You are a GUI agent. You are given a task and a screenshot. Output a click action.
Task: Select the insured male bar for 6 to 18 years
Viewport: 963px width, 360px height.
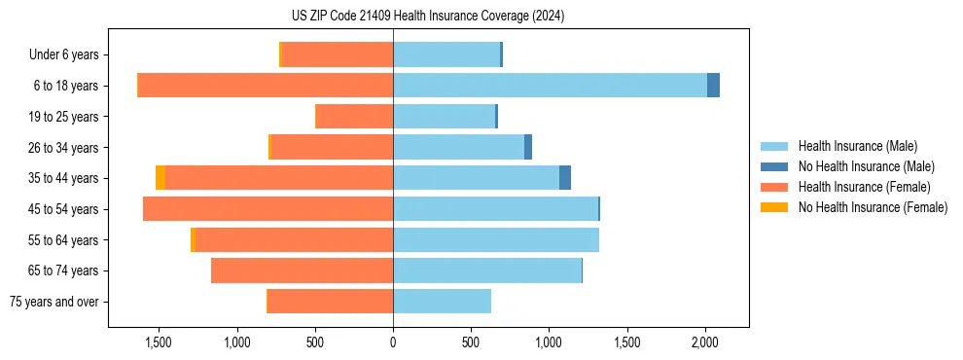550,86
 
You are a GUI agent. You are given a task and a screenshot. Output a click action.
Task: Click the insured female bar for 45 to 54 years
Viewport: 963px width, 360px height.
267,209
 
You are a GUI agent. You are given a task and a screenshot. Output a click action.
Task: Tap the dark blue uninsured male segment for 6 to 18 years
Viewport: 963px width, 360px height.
713,86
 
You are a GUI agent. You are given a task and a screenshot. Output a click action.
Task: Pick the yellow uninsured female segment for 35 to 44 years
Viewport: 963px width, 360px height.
160,178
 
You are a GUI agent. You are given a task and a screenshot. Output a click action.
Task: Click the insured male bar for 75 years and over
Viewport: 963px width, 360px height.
442,302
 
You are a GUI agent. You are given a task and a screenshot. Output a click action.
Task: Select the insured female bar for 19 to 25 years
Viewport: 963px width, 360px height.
355,117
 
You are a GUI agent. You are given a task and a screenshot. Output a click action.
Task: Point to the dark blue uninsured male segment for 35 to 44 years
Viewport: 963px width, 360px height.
565,178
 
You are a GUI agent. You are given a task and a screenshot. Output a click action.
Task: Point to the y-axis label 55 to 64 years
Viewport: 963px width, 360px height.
63,240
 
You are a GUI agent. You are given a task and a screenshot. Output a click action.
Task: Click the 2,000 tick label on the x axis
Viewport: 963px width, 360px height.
705,343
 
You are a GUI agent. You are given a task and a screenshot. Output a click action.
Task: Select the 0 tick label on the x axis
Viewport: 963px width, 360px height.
393,343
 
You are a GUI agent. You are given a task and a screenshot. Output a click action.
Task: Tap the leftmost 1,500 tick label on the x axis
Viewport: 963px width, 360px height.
159,343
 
